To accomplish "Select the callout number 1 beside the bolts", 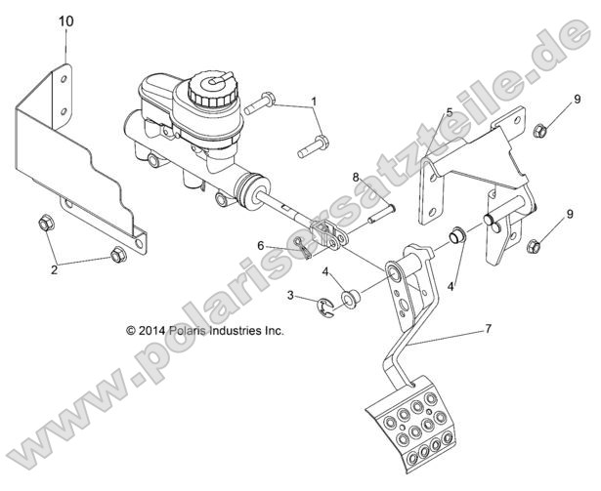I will coord(314,102).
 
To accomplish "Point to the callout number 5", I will coord(449,113).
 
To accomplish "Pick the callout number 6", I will coord(261,245).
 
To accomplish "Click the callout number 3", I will coord(290,295).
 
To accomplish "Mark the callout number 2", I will coord(55,270).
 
